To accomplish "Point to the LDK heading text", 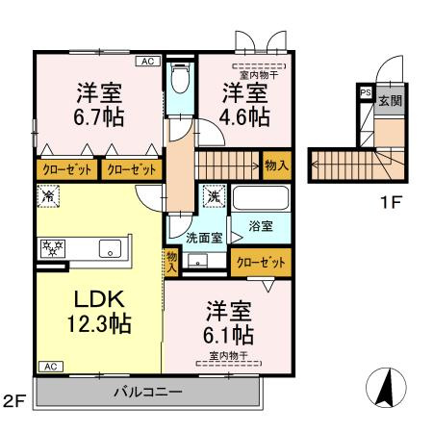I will coord(92,295).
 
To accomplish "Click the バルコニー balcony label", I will coord(147,393).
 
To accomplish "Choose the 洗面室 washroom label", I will coord(204,236).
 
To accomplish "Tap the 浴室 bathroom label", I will coord(261,226).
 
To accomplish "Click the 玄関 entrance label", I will coord(390,99).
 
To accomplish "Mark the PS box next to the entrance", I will coord(364,92).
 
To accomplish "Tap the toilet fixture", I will coord(180,80).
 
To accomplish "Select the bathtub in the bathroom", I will coord(261,199).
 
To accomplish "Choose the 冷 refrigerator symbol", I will coord(49,196).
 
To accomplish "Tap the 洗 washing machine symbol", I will coord(213,197).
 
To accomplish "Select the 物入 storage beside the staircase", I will coord(276,166).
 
